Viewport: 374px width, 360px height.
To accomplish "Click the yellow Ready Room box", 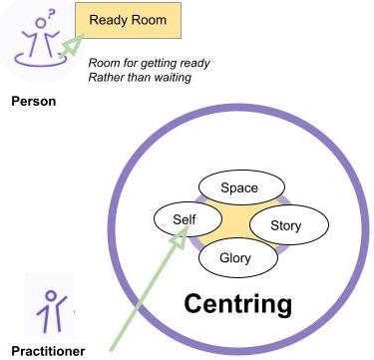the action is tap(128, 20).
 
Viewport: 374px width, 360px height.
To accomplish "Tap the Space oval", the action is tap(241, 187).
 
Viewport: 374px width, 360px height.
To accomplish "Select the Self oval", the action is tap(187, 219).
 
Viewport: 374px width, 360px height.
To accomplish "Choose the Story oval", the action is tap(289, 225).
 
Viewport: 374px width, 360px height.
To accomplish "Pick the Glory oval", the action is tap(238, 257).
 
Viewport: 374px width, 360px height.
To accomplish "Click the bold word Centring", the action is tap(238, 304).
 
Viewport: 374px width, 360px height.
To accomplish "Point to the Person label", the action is tap(34, 101).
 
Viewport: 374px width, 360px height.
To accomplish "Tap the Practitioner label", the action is tap(48, 351).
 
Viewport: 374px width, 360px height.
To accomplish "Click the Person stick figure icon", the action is tap(41, 39).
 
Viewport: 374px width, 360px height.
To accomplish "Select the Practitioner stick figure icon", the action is tap(52, 311).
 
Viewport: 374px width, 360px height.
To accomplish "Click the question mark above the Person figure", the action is tap(51, 14).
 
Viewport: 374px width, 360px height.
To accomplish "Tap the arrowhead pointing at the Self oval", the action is tap(180, 238).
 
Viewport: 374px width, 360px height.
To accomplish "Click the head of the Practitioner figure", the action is tap(51, 296).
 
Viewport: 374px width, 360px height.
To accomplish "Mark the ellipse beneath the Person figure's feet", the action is tap(41, 59).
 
